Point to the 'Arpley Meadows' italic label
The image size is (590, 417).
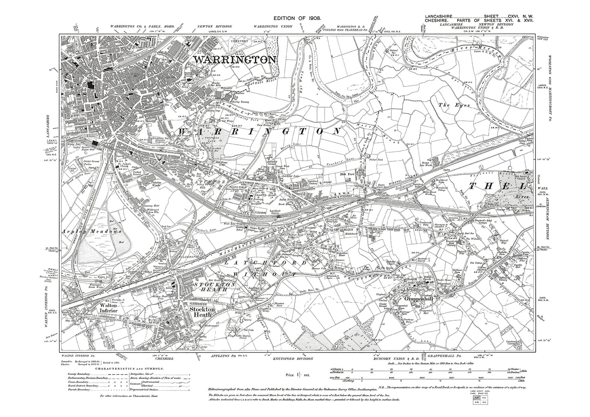(92, 231)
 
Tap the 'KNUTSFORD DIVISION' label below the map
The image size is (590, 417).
(297, 358)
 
